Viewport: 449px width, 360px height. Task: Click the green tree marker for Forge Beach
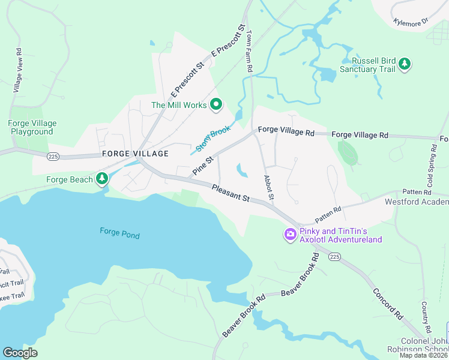click(103, 178)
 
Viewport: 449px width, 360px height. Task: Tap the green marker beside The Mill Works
click(216, 105)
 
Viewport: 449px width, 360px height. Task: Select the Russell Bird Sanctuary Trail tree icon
click(405, 64)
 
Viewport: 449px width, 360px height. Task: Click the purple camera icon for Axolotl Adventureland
click(291, 233)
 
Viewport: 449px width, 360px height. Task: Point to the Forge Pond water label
click(119, 232)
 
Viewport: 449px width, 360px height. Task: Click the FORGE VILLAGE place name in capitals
click(135, 154)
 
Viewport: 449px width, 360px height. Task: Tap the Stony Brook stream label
click(212, 139)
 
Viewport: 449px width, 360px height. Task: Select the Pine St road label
click(202, 167)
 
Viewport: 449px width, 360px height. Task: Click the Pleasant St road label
click(231, 193)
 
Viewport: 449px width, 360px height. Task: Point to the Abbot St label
click(269, 188)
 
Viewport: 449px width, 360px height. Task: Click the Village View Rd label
click(17, 70)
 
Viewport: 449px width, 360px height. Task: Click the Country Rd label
click(427, 317)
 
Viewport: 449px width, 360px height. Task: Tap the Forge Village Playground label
click(32, 127)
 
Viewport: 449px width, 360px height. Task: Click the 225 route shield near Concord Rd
click(334, 256)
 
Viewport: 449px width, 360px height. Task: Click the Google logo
click(20, 352)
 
